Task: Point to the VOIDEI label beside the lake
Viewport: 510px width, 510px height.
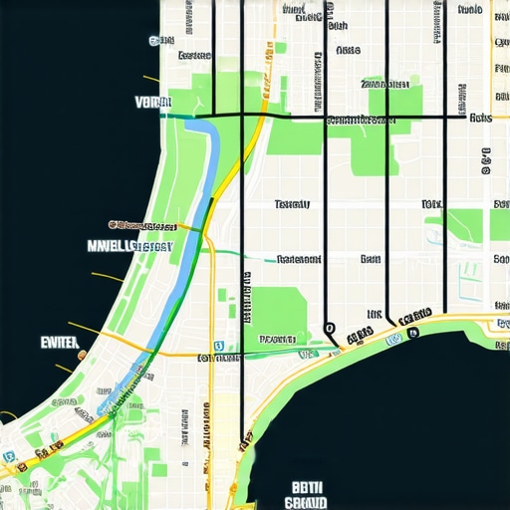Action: tap(152, 102)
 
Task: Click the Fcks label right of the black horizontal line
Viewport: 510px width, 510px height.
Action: tap(480, 118)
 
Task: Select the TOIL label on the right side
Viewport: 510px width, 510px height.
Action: tap(431, 204)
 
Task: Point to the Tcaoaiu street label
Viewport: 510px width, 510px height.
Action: tap(291, 204)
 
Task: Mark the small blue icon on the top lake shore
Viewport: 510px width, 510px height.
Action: tap(154, 41)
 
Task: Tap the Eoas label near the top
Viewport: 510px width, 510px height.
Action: tap(348, 49)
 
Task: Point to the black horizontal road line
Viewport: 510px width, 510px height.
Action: tap(299, 118)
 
